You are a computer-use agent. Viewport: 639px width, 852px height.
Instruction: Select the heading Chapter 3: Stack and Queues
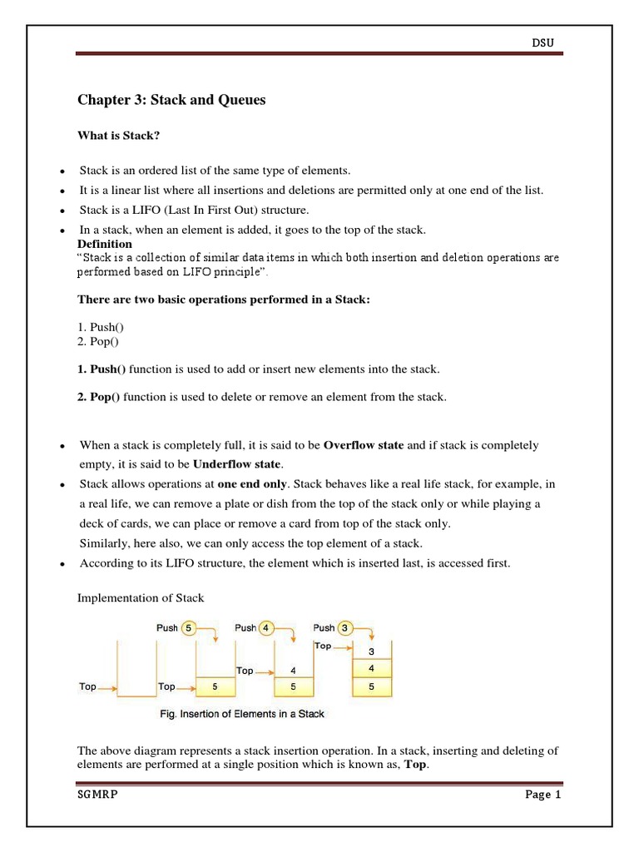(171, 101)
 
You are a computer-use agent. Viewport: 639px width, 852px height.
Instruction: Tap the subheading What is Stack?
(117, 136)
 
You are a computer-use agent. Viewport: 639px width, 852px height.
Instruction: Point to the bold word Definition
(105, 244)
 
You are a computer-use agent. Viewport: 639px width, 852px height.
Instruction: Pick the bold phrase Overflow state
(364, 445)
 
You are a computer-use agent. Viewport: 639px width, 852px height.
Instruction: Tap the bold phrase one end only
(252, 483)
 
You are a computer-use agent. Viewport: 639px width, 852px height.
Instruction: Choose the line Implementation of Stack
(141, 597)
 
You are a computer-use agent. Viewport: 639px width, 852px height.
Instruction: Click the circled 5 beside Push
(191, 628)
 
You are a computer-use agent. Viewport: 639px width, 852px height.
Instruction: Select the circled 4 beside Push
(267, 628)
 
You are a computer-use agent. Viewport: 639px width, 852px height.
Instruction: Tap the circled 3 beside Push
(345, 628)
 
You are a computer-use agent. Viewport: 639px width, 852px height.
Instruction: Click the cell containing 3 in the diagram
(371, 651)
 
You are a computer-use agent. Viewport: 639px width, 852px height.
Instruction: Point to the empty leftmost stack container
(137, 670)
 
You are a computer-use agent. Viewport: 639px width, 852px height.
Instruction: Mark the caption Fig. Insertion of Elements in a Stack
(241, 714)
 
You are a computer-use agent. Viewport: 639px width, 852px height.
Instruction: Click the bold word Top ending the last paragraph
(415, 765)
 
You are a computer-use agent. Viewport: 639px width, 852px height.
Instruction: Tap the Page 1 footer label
(543, 795)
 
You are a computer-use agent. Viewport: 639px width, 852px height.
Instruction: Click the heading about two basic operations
(223, 300)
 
